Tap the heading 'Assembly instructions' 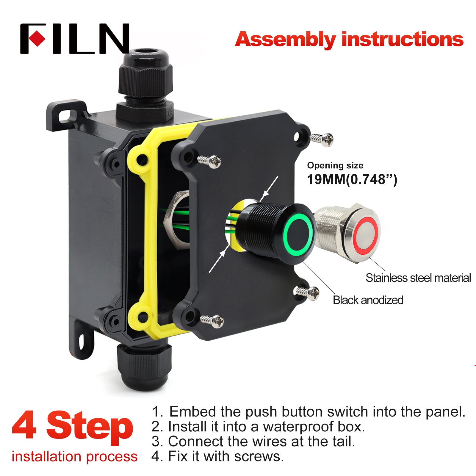pos(349,40)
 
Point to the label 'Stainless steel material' pos(418,278)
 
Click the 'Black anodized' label pos(368,300)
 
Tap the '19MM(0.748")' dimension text pos(352,180)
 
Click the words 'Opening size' pos(335,165)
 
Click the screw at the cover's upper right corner pos(322,139)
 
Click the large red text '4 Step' pos(72,427)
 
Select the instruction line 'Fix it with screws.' pos(226,456)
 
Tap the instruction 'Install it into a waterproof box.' pos(267,427)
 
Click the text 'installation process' pos(74,456)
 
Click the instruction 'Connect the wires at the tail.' pos(262,441)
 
